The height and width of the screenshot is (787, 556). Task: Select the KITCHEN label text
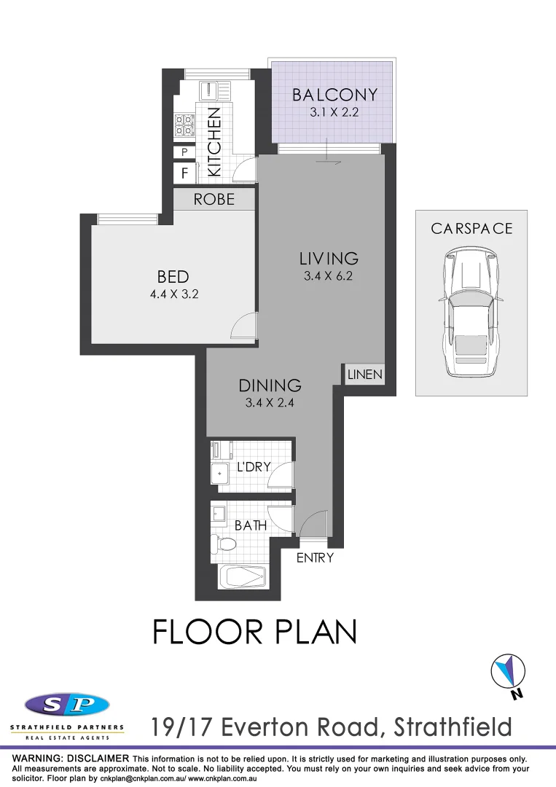pos(214,142)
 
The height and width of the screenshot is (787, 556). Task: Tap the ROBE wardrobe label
pos(214,199)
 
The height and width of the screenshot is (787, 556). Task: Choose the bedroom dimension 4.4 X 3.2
pos(173,295)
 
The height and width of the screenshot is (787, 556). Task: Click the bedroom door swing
pos(243,326)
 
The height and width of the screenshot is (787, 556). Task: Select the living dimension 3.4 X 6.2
pos(329,276)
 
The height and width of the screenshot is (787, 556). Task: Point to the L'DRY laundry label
pos(254,466)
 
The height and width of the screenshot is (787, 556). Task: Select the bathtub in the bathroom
pos(244,579)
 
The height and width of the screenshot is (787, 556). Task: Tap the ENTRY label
pos(315,558)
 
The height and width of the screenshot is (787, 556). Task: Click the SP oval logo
pos(67,705)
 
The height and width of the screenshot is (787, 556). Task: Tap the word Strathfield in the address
pos(452,727)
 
